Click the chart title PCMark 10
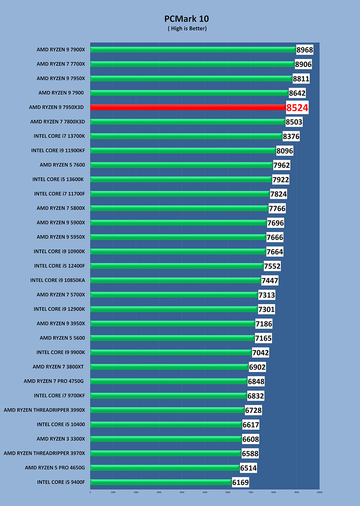pos(187,19)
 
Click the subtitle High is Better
pos(187,29)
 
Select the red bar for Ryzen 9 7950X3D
pos(188,107)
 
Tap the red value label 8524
pos(297,108)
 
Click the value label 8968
pos(305,50)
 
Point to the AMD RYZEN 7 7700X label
pos(61,64)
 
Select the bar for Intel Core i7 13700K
pos(186,136)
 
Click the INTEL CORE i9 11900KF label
pos(58,150)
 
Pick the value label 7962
pos(282,165)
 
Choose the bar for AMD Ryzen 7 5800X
pos(179,208)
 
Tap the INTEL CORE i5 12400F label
pos(59,266)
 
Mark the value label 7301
pos(267,310)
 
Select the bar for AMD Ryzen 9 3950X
pos(173,324)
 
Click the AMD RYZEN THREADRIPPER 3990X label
pos(44,410)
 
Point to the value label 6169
pos(241,482)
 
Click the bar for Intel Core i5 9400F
pos(161,482)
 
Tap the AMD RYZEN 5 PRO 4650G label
pos(55,468)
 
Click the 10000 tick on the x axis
pos(319,492)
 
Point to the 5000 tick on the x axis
pos(205,492)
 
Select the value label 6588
pos(250,454)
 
